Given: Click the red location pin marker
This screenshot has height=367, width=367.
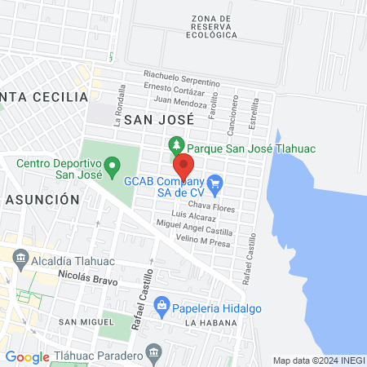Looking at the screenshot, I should click(x=183, y=166).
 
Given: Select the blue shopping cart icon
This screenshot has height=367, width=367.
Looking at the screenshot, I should click(x=215, y=183).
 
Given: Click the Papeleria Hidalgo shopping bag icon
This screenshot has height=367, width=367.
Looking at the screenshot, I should click(x=161, y=307).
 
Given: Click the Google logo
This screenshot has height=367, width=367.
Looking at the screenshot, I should click(x=27, y=356).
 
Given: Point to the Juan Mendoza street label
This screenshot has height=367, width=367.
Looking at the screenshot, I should click(x=179, y=104).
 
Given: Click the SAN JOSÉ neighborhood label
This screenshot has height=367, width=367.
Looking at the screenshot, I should click(x=157, y=119).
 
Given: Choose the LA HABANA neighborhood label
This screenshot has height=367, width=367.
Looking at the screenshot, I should click(x=210, y=324).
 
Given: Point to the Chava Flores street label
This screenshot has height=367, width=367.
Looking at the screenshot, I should click(x=211, y=208).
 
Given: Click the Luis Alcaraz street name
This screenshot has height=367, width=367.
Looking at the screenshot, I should click(x=194, y=218).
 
